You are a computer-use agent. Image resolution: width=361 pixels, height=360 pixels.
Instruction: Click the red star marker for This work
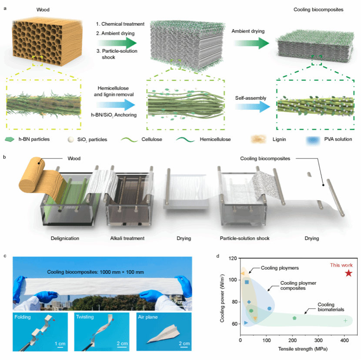pyautogui.click(x=348, y=273)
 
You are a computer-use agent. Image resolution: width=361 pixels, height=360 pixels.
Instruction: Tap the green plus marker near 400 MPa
pyautogui.click(x=345, y=320)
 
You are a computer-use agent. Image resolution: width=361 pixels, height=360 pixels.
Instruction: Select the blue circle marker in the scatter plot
pyautogui.click(x=269, y=308)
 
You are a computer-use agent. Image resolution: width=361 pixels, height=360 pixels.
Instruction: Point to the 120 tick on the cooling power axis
pyautogui.click(x=233, y=258)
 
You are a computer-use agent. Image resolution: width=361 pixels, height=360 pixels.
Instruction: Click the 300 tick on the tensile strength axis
pyautogui.click(x=318, y=340)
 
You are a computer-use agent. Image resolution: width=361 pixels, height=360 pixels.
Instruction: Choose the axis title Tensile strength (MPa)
pyautogui.click(x=303, y=349)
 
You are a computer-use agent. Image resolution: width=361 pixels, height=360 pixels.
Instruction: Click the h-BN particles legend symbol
pyautogui.click(x=10, y=139)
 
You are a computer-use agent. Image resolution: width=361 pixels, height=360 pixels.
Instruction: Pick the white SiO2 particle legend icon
pyautogui.click(x=71, y=139)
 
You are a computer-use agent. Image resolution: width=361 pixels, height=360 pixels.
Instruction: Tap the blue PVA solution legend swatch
pyautogui.click(x=313, y=140)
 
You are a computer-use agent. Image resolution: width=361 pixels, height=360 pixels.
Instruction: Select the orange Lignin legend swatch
pyautogui.click(x=258, y=139)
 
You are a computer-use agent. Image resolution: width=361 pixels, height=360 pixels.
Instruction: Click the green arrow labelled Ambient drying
pyautogui.click(x=251, y=43)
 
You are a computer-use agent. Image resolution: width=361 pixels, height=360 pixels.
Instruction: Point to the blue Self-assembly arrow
pyautogui.click(x=253, y=107)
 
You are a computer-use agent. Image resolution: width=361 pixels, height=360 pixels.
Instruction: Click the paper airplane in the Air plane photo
pyautogui.click(x=163, y=333)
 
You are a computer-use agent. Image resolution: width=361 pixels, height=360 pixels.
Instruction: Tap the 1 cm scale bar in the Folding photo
pyautogui.click(x=60, y=347)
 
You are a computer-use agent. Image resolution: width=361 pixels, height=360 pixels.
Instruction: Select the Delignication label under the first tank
pyautogui.click(x=65, y=238)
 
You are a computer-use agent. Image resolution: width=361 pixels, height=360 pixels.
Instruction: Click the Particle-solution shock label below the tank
pyautogui.click(x=244, y=238)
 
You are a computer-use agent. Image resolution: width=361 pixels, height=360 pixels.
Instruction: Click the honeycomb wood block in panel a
pyautogui.click(x=47, y=41)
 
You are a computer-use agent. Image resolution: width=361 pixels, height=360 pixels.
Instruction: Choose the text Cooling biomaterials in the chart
pyautogui.click(x=331, y=307)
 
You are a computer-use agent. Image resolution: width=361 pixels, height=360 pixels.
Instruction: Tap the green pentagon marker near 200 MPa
pyautogui.click(x=294, y=318)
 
